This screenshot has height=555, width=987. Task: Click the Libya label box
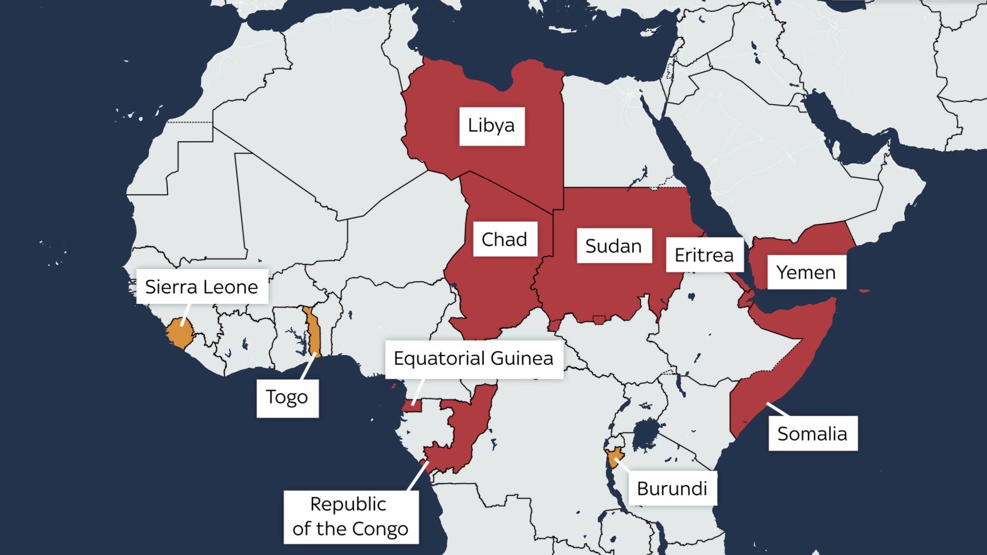point(492,126)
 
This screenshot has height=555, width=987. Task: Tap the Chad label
point(505,239)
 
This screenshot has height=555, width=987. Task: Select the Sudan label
point(614,246)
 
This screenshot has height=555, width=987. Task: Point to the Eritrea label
point(704,255)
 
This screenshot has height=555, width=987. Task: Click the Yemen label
point(806,273)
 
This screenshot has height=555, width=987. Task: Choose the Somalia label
point(813,434)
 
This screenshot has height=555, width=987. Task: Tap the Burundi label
point(672,489)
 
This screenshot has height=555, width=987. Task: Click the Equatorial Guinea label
point(474,359)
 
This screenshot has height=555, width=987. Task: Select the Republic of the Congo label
point(350,517)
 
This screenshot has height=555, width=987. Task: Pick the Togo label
point(287,397)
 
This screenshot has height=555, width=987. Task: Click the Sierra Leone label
point(202,287)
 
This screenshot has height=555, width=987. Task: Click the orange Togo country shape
point(314,332)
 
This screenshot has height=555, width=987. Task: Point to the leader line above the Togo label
point(308,367)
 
